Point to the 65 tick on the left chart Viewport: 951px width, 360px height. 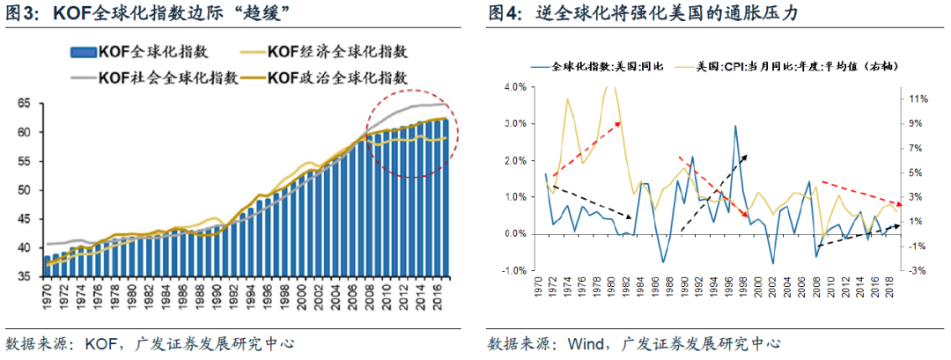(24, 104)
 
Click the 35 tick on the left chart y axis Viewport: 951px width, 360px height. (24, 276)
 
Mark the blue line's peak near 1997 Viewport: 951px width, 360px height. (734, 126)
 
